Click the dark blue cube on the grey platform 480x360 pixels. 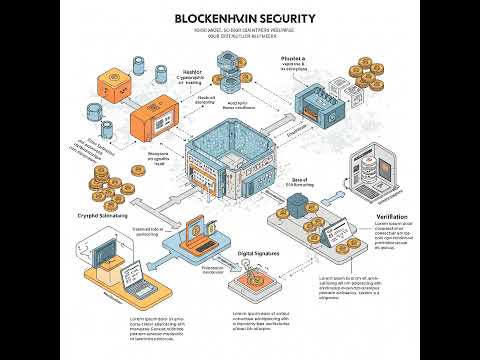pos(295,203)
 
